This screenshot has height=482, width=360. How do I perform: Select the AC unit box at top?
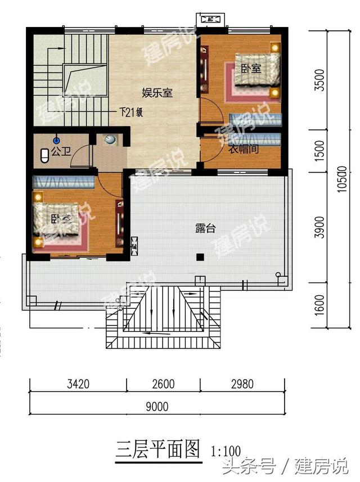click(209, 19)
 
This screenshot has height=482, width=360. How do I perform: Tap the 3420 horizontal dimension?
click(78, 385)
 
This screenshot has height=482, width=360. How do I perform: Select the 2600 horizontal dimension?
click(163, 385)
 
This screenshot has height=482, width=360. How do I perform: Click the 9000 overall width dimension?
click(159, 406)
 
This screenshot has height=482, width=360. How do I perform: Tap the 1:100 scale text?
click(226, 451)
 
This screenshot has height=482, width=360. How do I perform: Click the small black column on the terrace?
click(199, 257)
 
